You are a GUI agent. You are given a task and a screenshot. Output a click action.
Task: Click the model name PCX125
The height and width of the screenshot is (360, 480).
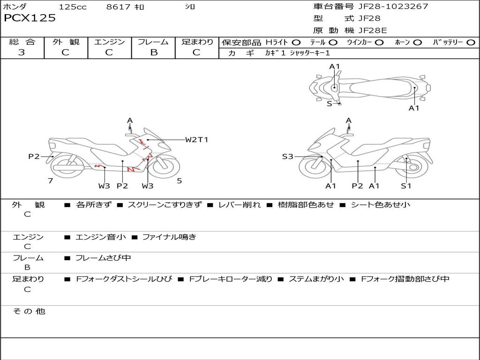[30, 18]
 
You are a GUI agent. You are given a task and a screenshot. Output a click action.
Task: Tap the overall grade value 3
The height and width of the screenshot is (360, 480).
[22, 52]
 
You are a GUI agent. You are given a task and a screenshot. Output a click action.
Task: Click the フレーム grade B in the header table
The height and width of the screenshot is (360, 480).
[154, 52]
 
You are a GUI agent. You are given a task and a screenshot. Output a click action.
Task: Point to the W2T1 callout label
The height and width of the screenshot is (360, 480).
[196, 140]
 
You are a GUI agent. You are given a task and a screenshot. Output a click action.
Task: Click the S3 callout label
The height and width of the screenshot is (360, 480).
[287, 157]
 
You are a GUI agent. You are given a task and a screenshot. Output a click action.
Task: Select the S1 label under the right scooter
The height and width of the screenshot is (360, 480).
[406, 186]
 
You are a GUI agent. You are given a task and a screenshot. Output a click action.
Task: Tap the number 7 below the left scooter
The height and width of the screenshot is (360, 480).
[50, 180]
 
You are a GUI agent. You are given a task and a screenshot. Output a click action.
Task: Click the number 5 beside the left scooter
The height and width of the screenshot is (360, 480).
[179, 180]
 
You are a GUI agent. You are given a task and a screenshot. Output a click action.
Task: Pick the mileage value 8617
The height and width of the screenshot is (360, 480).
[119, 7]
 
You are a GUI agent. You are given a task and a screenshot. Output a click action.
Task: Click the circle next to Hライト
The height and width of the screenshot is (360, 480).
[296, 43]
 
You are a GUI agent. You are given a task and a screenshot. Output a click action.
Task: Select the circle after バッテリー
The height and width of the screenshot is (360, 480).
[471, 43]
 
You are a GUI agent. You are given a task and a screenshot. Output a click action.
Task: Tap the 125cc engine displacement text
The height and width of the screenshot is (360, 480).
[73, 7]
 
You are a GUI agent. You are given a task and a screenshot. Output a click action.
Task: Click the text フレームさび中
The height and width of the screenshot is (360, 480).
[103, 258]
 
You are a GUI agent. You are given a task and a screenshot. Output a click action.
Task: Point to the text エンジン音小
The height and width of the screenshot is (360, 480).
[101, 237]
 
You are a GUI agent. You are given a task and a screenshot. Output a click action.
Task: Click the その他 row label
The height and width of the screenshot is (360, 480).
[29, 311]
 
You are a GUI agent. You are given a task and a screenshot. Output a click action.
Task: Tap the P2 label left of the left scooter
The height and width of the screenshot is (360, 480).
[34, 157]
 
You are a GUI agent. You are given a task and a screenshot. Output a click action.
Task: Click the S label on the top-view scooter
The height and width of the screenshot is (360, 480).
[329, 104]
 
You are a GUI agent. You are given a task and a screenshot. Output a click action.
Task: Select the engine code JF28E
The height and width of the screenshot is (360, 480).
[373, 30]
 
